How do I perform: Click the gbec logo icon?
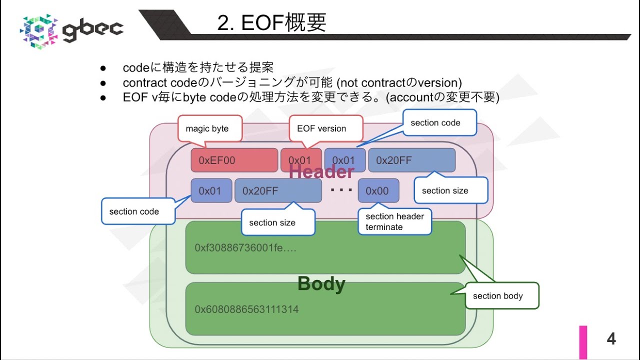(38, 31)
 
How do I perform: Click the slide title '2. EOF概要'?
(271, 22)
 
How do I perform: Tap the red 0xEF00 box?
(234, 160)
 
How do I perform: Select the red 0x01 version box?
(300, 160)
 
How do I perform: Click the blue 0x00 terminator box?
(378, 190)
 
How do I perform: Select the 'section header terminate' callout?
(394, 221)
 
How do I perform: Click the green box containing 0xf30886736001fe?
(325, 248)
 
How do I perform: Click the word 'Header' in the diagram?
(321, 172)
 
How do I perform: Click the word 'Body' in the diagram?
(321, 284)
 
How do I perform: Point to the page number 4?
(611, 339)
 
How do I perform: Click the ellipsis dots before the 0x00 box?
(342, 190)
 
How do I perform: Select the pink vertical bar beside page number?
(583, 342)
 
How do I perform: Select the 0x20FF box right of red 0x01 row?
(411, 160)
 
